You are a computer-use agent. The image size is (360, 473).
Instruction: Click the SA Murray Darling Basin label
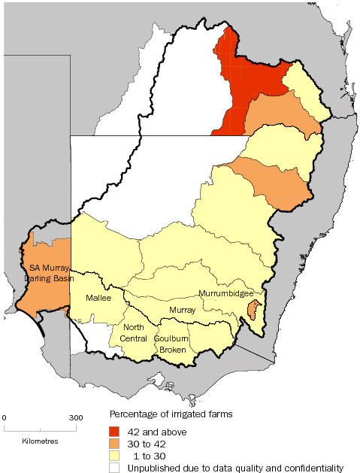[x=45, y=272]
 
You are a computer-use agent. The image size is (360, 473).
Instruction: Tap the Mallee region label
[x=98, y=298]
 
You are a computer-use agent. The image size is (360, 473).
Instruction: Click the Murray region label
[x=183, y=309]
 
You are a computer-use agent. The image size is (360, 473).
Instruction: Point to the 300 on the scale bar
[x=76, y=417]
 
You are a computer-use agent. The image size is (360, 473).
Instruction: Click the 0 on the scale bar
[x=5, y=417]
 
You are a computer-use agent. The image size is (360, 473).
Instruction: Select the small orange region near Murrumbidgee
[x=255, y=309]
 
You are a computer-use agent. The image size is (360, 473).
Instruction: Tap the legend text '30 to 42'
[x=151, y=444]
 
